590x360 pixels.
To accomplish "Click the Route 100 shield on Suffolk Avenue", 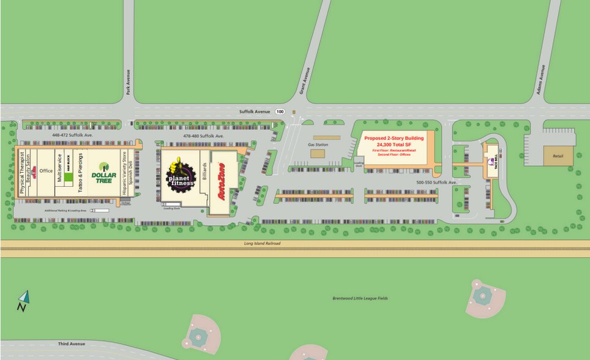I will (280, 111).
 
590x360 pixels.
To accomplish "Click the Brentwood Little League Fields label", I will (360, 298).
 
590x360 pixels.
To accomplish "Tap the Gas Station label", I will (318, 144).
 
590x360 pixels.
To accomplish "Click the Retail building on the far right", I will (558, 156).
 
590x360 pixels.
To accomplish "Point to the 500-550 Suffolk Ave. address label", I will (436, 182).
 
